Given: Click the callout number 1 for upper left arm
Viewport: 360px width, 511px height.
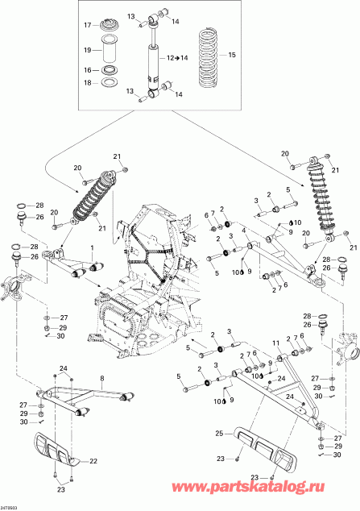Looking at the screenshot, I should pyautogui.click(x=93, y=246).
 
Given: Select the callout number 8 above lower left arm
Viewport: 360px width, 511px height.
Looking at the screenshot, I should pyautogui.click(x=102, y=377).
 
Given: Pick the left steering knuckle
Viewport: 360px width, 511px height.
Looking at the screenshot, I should pyautogui.click(x=18, y=284).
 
